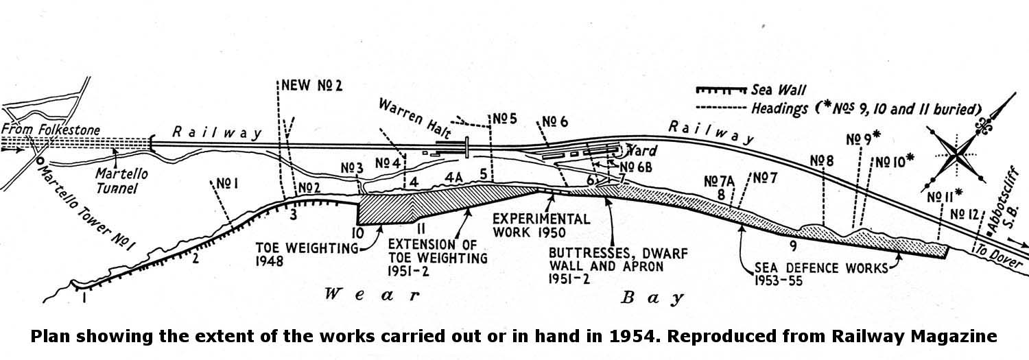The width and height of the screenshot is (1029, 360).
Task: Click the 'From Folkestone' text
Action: [51, 130]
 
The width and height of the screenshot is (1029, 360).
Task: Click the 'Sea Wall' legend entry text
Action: [779, 90]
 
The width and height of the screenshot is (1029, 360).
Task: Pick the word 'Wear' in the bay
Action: [370, 296]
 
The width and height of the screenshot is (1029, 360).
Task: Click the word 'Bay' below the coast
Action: [653, 298]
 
